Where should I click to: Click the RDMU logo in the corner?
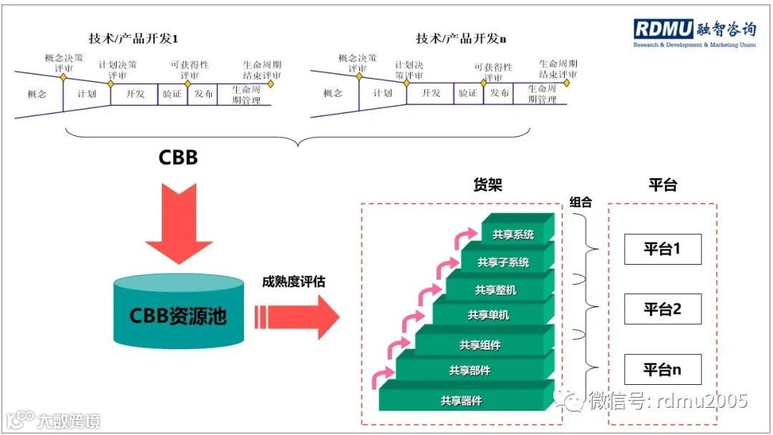(x=694, y=31)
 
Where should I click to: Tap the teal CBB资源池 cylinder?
(x=178, y=313)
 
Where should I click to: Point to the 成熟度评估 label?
(x=293, y=282)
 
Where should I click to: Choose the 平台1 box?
(x=662, y=249)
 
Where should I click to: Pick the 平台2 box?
(x=662, y=309)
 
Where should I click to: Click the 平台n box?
(x=662, y=369)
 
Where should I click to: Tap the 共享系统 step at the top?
(x=513, y=234)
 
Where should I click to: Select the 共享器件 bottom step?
(x=461, y=401)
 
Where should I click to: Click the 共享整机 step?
(x=495, y=290)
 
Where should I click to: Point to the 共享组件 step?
(x=480, y=345)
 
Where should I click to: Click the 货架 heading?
(x=489, y=185)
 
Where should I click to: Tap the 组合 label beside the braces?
(x=581, y=202)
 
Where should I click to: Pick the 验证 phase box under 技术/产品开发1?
(x=172, y=94)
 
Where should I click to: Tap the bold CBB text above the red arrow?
(x=178, y=157)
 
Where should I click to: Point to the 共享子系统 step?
(x=503, y=262)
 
